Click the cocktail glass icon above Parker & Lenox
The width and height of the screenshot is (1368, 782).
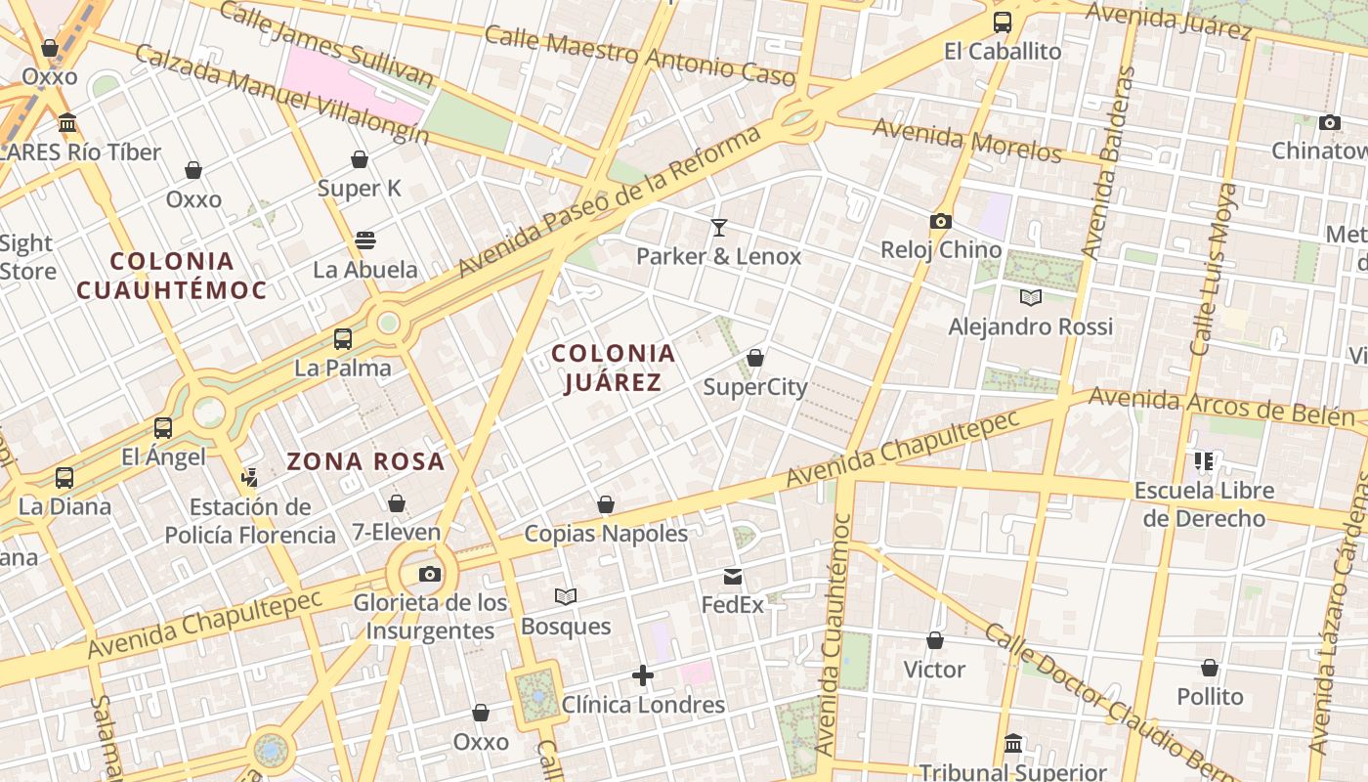[x=719, y=228]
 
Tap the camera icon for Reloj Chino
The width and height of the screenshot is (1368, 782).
[x=941, y=222]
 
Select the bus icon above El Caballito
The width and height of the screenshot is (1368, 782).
[x=1002, y=22]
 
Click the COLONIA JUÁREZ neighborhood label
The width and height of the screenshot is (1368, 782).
[x=613, y=368]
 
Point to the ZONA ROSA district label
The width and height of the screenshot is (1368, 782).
[x=365, y=461]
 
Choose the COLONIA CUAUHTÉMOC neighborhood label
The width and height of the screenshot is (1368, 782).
[x=172, y=276]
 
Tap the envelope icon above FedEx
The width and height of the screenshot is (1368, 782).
[x=733, y=577]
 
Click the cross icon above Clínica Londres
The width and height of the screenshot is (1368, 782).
[x=643, y=675]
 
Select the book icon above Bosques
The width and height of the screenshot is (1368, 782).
[x=565, y=596]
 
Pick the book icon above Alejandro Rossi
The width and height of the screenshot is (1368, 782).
[x=1030, y=297]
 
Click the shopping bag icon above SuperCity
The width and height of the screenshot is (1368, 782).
[x=755, y=359]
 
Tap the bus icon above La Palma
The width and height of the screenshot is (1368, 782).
[x=343, y=339]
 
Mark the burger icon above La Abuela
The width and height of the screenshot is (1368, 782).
[x=365, y=240]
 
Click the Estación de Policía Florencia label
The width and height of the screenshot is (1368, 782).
[x=250, y=521]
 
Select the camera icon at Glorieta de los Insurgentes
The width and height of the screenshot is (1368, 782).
[x=429, y=574]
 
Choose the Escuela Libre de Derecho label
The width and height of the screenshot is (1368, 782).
[x=1204, y=504]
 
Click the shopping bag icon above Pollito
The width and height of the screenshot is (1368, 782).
[x=1210, y=669]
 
